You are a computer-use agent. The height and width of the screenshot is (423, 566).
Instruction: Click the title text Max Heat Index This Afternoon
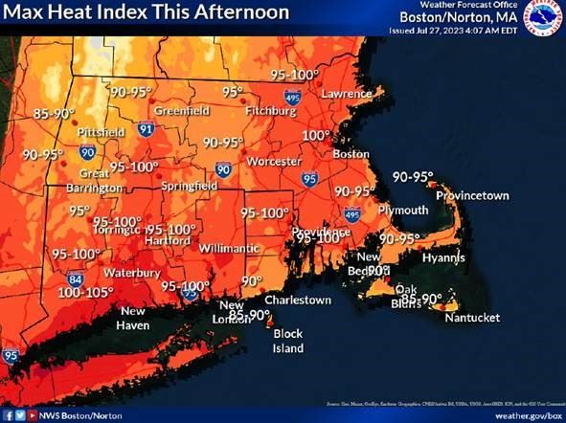[x=145, y=13]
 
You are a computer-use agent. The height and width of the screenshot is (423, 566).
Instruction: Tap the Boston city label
[x=351, y=154]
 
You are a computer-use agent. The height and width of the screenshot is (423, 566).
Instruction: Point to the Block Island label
[x=288, y=341]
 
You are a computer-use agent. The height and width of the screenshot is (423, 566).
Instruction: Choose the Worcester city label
[x=274, y=162]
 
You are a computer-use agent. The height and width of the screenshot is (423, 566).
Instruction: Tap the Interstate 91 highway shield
[x=145, y=127]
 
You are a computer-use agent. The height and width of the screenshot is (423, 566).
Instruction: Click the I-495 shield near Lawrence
[x=291, y=95]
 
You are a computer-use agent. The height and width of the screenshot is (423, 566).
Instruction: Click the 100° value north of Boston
[x=315, y=136]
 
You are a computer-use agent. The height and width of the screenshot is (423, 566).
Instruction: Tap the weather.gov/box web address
[x=526, y=415]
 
